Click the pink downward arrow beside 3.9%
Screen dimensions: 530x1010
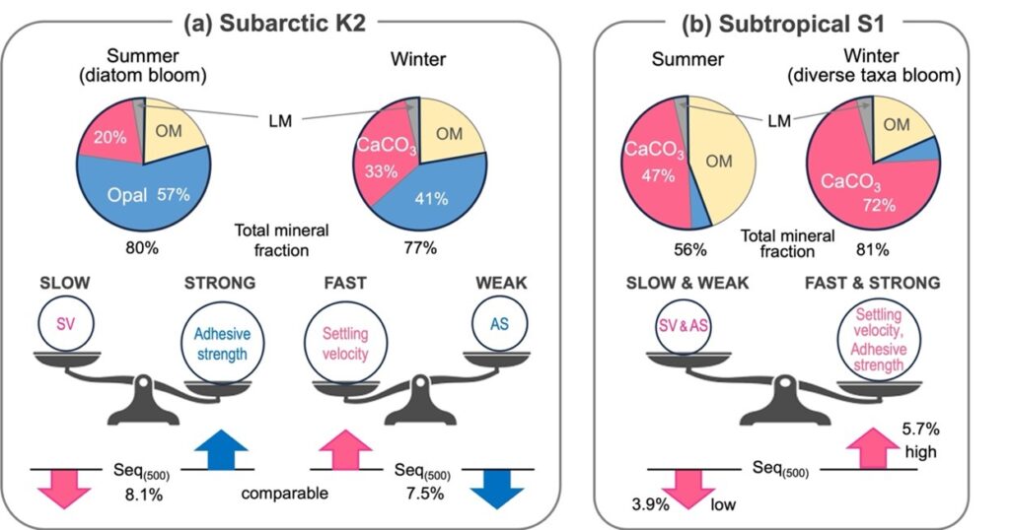tap(686, 490)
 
